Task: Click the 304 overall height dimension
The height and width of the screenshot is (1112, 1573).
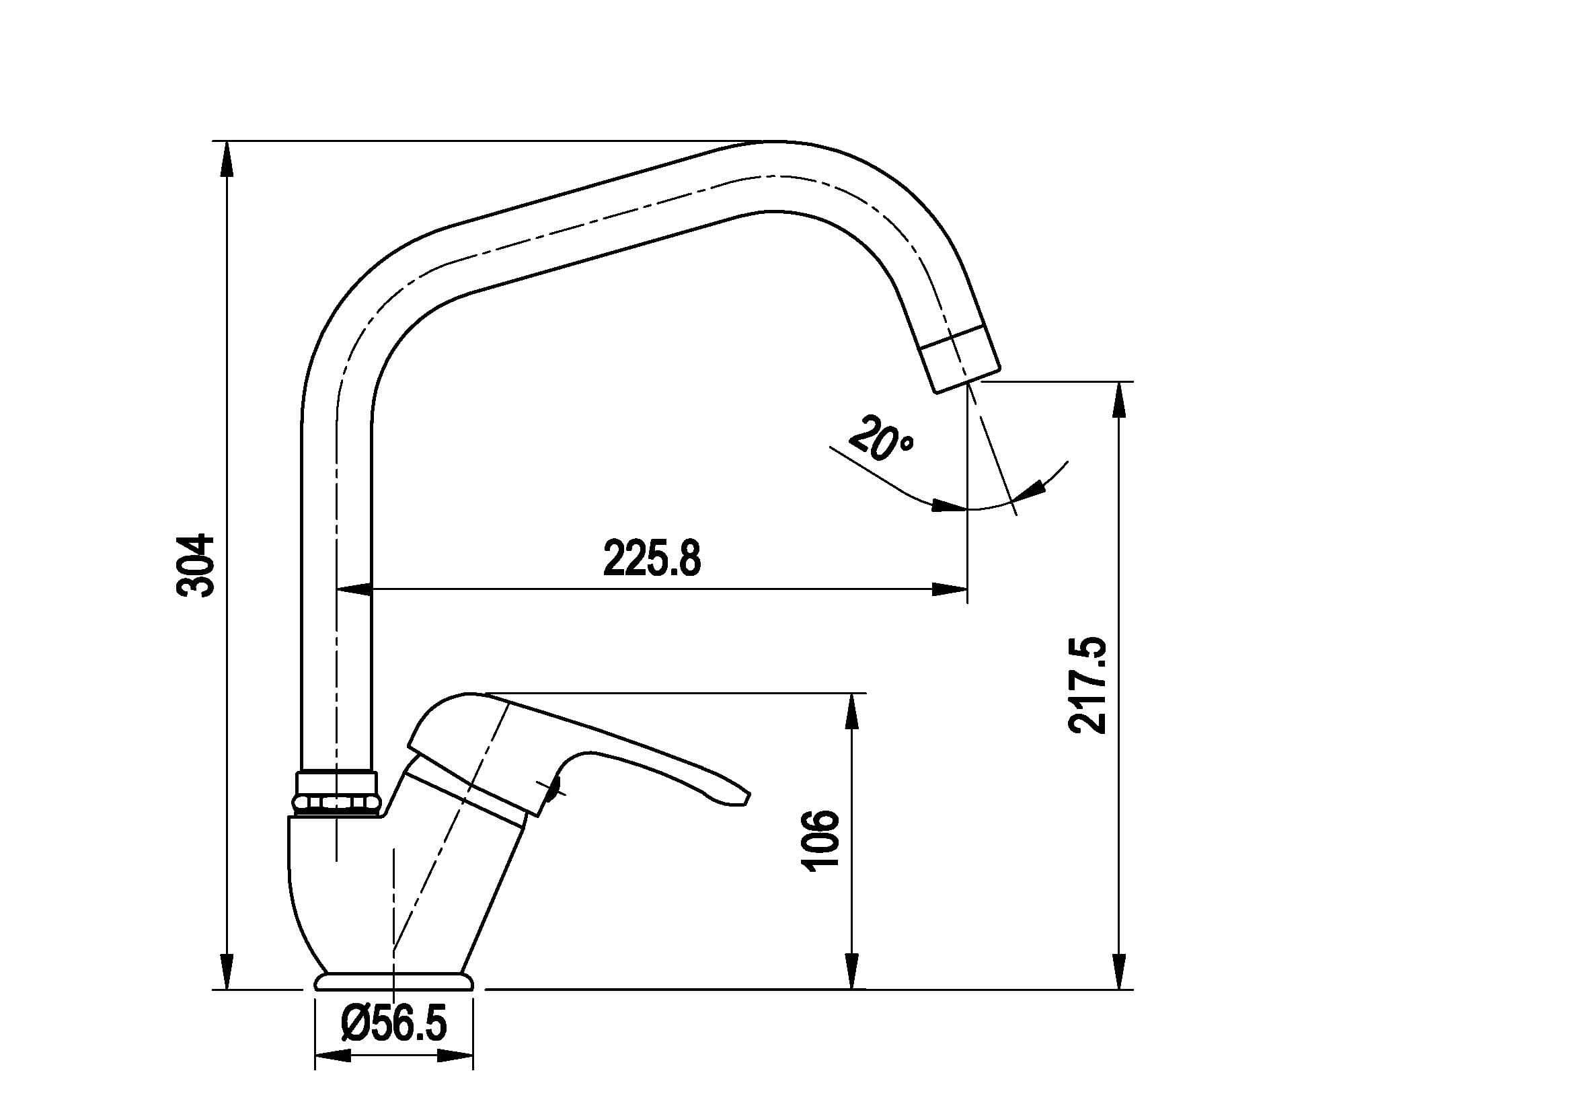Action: click(x=196, y=566)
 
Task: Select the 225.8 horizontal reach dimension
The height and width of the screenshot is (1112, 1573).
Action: click(x=652, y=558)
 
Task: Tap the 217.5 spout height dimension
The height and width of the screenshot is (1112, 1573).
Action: click(x=1087, y=685)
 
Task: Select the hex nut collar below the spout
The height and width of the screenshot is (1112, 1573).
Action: click(x=336, y=794)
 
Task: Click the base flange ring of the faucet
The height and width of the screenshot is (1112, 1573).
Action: click(x=394, y=981)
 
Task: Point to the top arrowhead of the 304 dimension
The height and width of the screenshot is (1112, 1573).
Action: click(x=228, y=158)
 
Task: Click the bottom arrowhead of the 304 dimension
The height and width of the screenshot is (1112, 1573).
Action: click(x=228, y=972)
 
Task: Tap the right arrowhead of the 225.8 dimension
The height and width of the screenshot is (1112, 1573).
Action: click(x=951, y=589)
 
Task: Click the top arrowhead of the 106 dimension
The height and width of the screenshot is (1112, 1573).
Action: click(x=852, y=710)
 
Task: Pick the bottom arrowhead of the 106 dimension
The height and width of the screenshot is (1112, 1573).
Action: click(x=852, y=972)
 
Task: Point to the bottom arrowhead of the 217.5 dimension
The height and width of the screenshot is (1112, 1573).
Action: click(x=1120, y=972)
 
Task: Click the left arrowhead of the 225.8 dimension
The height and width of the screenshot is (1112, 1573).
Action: click(x=354, y=589)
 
